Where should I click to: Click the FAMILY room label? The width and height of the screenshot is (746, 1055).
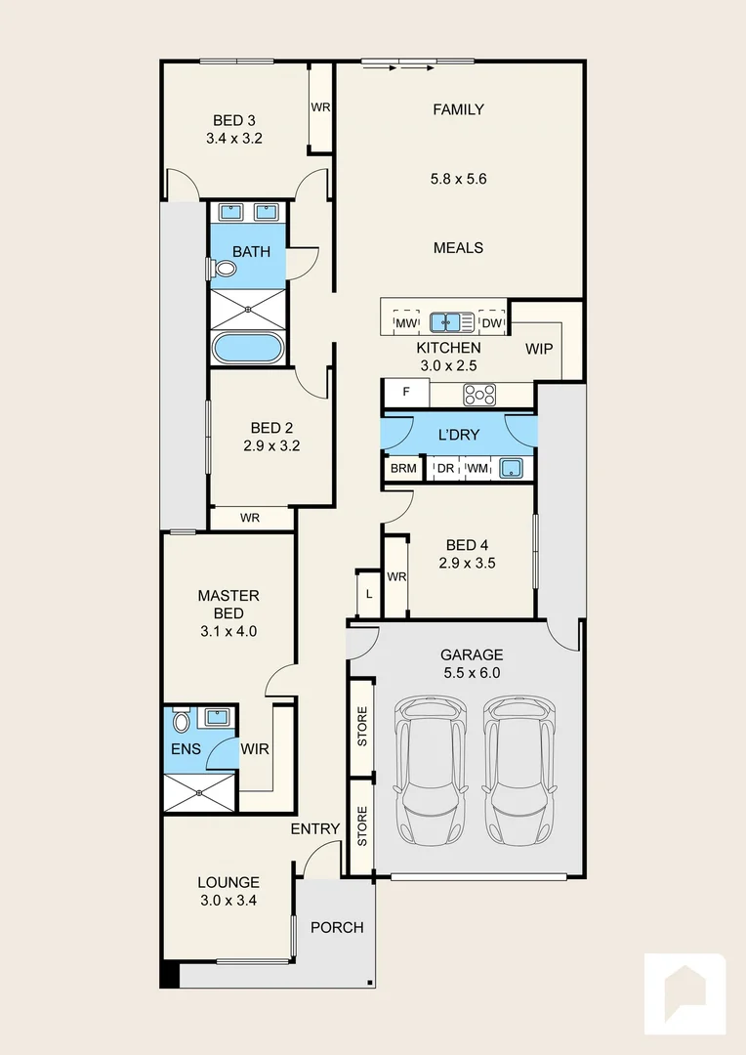[458, 109]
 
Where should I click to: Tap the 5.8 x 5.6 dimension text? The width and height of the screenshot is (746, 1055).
[458, 179]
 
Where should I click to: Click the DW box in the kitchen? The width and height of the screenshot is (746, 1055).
[492, 322]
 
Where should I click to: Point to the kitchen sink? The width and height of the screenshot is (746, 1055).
[451, 320]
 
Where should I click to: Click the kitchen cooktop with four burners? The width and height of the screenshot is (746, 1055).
[479, 394]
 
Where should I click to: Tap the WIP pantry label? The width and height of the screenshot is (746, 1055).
[539, 348]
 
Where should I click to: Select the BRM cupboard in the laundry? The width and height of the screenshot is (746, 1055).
[403, 469]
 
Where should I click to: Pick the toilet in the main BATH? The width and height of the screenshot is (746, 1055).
[224, 269]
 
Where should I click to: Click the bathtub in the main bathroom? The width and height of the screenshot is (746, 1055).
[248, 349]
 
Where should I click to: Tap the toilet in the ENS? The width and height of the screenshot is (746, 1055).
[181, 723]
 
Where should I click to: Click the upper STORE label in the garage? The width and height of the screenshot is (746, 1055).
[362, 727]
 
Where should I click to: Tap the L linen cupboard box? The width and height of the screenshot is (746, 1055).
[368, 594]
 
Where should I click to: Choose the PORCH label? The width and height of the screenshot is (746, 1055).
[337, 927]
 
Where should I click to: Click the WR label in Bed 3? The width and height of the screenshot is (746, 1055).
[320, 107]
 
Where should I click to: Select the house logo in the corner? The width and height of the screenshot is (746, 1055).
[684, 992]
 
